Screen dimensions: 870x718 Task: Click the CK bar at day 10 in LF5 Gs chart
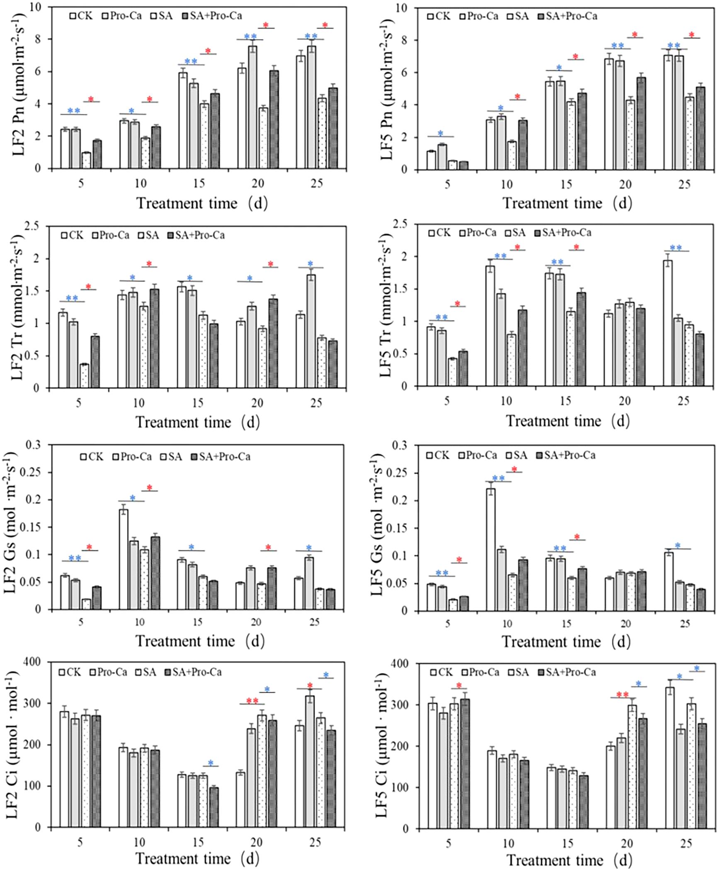(x=491, y=549)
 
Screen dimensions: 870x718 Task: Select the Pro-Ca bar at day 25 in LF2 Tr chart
(x=311, y=331)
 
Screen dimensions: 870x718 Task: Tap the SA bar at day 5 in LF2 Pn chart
(x=86, y=160)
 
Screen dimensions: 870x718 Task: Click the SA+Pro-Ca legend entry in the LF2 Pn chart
(x=211, y=16)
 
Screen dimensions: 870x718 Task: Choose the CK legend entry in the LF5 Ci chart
(x=441, y=672)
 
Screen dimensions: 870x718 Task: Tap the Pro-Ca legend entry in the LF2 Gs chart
(x=132, y=457)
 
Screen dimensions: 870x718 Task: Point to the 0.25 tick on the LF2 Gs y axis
(x=35, y=472)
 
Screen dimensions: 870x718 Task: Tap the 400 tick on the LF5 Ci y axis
(x=403, y=664)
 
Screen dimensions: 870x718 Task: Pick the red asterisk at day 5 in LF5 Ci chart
(x=458, y=685)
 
